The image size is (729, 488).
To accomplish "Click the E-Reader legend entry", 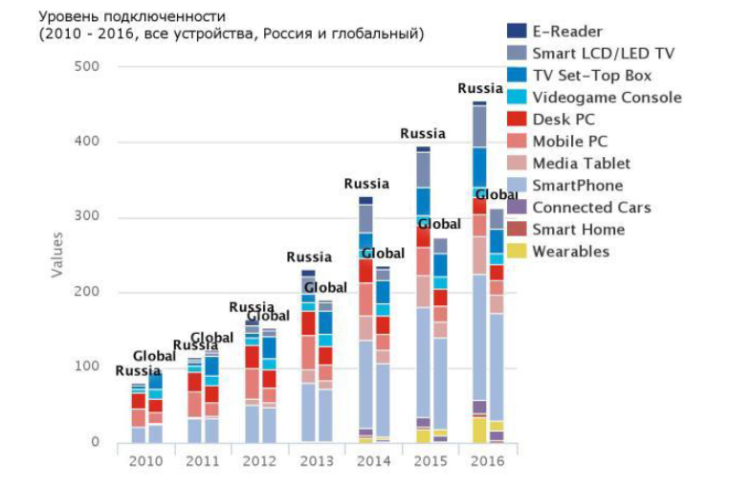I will [567, 32].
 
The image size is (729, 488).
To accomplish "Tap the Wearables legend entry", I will [570, 252].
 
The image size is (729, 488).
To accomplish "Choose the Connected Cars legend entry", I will [591, 208].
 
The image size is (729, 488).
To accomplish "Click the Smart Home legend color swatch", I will [517, 230].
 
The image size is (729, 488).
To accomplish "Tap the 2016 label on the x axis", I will [488, 460].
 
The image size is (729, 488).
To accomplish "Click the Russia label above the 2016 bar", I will [480, 88].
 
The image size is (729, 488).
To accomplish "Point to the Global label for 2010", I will [154, 356].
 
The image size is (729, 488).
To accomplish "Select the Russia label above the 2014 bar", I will [366, 184].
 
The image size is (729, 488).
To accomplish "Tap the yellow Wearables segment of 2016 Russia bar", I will [479, 430].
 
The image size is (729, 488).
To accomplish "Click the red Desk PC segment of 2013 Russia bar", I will [308, 323].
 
